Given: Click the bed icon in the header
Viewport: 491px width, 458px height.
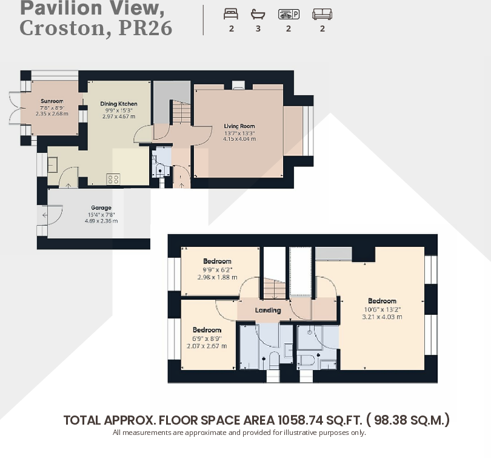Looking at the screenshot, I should tap(231, 14).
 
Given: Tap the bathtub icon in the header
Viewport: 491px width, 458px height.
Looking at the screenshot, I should tap(258, 14).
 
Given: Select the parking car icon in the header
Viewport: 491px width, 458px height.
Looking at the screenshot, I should tap(289, 14).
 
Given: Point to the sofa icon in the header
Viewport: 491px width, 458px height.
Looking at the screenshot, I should tap(322, 14).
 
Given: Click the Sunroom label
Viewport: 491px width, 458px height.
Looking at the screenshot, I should tap(52, 101).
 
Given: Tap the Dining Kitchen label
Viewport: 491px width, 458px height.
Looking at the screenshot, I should tap(119, 104).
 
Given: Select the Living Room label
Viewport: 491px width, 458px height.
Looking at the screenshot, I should tap(239, 126).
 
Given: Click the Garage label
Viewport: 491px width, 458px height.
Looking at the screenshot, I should tap(101, 208).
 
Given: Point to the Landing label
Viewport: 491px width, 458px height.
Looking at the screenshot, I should tap(268, 310).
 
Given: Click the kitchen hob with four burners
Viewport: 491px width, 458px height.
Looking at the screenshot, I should tap(113, 179).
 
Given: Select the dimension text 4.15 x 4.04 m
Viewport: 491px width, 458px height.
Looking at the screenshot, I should tap(239, 139).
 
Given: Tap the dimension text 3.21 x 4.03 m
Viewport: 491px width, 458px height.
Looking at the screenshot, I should tap(382, 316).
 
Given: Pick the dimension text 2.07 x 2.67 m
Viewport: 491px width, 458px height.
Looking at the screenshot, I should tap(207, 346).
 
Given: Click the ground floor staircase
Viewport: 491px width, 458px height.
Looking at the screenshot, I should tap(179, 112).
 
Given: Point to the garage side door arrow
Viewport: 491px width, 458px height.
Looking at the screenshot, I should tap(44, 215).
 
